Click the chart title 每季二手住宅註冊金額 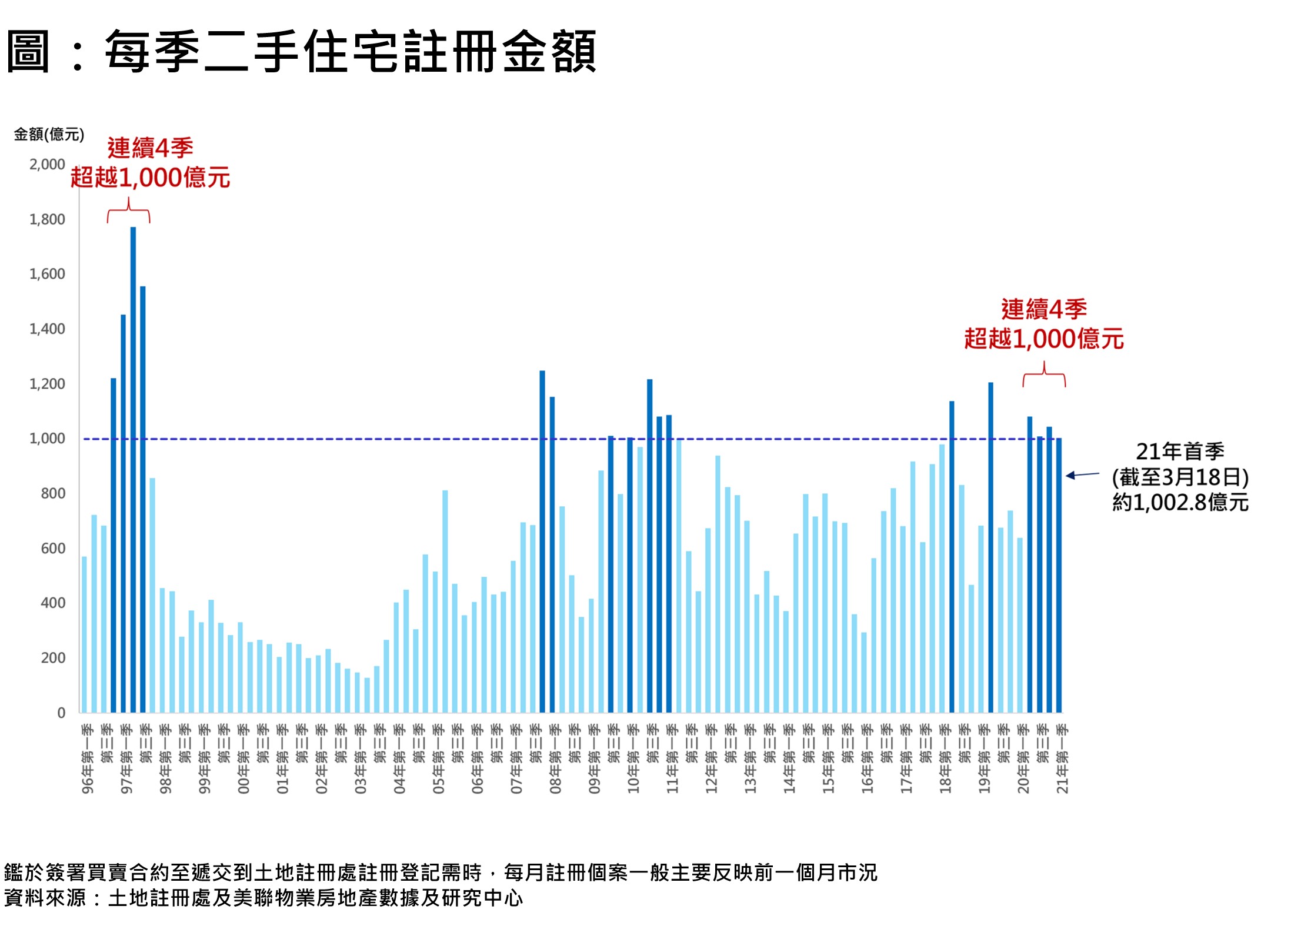point(350,52)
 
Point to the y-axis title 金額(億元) point(49,135)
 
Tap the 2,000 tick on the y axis point(47,165)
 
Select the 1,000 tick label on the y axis point(47,439)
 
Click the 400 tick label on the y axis point(53,603)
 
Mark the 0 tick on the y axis point(61,713)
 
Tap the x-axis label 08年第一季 point(555,759)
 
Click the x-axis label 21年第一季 point(1062,759)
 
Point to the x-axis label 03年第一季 point(361,759)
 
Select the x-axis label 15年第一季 point(828,759)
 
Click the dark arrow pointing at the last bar point(1082,474)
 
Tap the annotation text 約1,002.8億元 point(1180,502)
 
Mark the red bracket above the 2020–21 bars point(1044,375)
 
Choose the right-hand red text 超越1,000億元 point(1044,339)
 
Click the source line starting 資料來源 point(263,898)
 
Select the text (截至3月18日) point(1180,477)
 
